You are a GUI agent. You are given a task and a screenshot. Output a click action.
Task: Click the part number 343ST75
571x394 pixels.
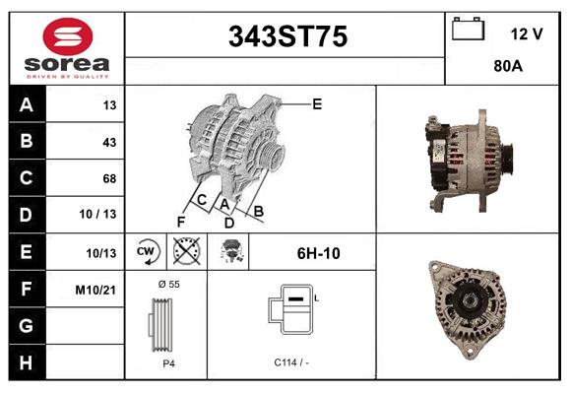(x=287, y=37)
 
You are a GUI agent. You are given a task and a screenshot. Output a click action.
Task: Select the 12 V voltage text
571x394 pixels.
(x=527, y=33)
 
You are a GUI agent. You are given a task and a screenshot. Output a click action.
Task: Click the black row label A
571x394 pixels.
(x=26, y=105)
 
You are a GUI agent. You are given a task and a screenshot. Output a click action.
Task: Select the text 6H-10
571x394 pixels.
(x=318, y=253)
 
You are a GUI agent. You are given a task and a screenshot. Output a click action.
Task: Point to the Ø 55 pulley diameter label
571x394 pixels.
(x=167, y=284)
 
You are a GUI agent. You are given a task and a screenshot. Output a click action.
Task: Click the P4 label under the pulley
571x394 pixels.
(x=167, y=362)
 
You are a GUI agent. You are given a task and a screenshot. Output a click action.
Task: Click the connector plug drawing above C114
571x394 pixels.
(x=293, y=310)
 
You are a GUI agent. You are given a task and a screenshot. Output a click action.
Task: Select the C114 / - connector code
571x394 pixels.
(x=291, y=362)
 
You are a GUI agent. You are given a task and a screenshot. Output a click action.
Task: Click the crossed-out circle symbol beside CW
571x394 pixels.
(x=185, y=251)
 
